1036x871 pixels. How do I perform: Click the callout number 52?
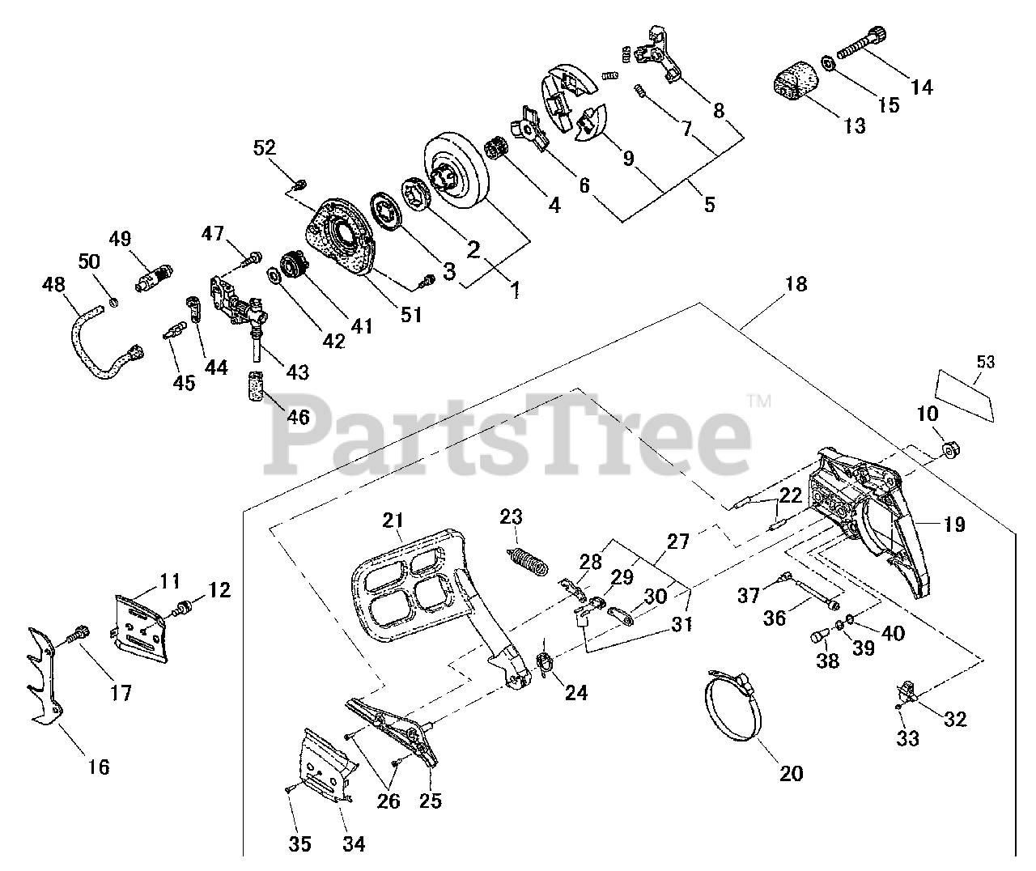265,148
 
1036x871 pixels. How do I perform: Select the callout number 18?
796,284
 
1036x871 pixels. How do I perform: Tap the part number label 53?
984,362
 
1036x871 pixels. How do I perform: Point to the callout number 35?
300,844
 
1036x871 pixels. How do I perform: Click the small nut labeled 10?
952,449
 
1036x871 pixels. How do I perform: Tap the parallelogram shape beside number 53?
966,393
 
